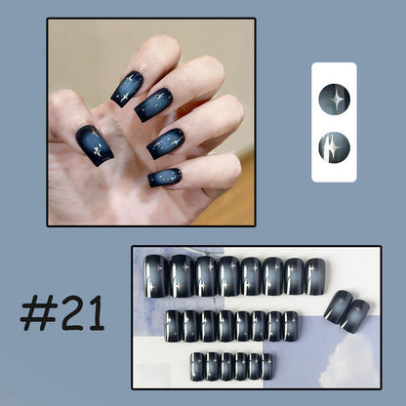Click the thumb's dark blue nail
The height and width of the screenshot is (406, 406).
click(x=95, y=145)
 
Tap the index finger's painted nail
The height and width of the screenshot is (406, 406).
click(x=127, y=89)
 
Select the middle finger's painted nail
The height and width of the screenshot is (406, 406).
click(x=153, y=104)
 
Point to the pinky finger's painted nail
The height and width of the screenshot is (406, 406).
click(x=165, y=178)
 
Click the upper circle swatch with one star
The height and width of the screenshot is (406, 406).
click(x=334, y=100)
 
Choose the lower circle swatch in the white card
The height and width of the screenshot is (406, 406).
click(x=334, y=148)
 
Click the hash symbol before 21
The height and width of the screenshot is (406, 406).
click(x=39, y=314)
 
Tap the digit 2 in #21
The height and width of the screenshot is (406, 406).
click(x=73, y=313)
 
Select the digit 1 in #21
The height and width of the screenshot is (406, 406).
click(x=97, y=313)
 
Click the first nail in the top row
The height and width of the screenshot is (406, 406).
click(x=156, y=276)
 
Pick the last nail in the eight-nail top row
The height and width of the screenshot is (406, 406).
click(x=315, y=276)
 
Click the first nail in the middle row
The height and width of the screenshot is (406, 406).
click(x=173, y=326)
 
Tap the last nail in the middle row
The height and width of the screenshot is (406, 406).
click(x=291, y=326)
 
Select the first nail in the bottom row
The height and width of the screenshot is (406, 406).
click(x=197, y=366)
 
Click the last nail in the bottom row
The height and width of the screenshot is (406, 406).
click(x=267, y=367)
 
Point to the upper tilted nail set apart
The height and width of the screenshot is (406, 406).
click(x=339, y=307)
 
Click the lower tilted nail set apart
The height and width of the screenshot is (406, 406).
click(x=355, y=316)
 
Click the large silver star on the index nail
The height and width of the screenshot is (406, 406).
click(x=124, y=97)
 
